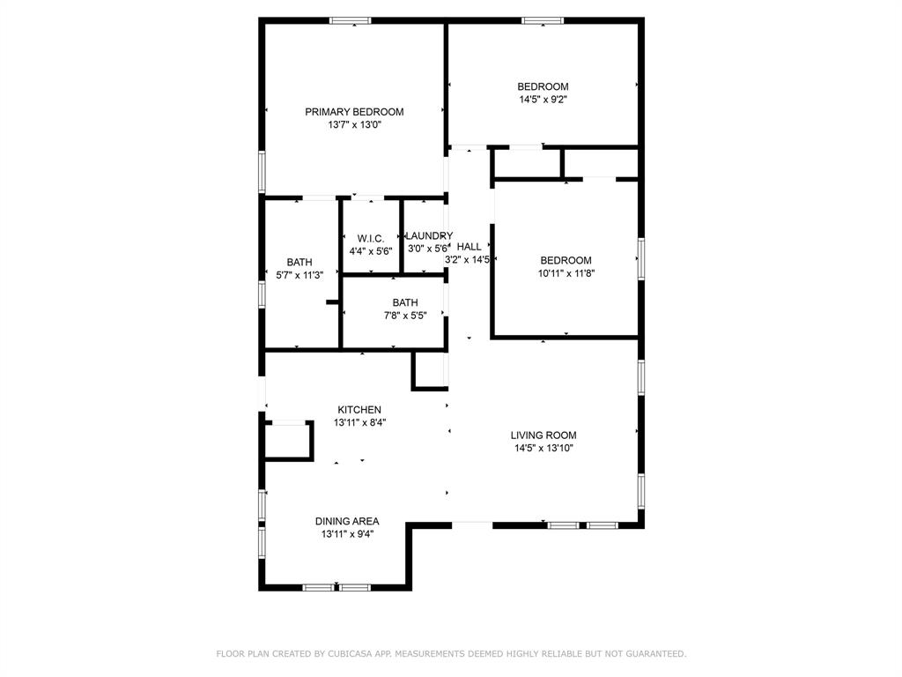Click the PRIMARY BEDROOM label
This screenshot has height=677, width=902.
click(x=354, y=112)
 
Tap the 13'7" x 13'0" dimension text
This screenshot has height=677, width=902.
click(x=354, y=125)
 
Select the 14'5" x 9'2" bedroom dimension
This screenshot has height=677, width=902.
click(x=543, y=100)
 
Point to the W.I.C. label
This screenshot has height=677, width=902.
click(x=370, y=239)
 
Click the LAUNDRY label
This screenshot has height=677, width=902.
click(x=429, y=236)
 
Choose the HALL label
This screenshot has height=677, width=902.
click(x=469, y=247)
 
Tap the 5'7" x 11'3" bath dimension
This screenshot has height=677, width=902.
click(x=299, y=275)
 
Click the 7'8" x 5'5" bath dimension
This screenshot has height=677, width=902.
click(x=405, y=316)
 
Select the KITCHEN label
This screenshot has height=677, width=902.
click(x=359, y=410)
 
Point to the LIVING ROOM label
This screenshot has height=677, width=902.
click(x=543, y=435)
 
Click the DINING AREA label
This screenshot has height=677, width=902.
click(x=347, y=521)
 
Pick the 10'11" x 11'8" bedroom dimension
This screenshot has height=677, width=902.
click(x=566, y=273)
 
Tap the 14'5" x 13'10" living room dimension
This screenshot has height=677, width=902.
click(x=543, y=449)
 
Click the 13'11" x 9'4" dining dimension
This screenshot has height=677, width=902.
click(x=347, y=534)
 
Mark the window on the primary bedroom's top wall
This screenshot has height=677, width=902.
click(x=350, y=20)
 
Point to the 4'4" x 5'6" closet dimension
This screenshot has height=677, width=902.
click(x=370, y=251)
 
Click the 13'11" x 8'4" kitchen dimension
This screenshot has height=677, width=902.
click(x=359, y=423)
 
